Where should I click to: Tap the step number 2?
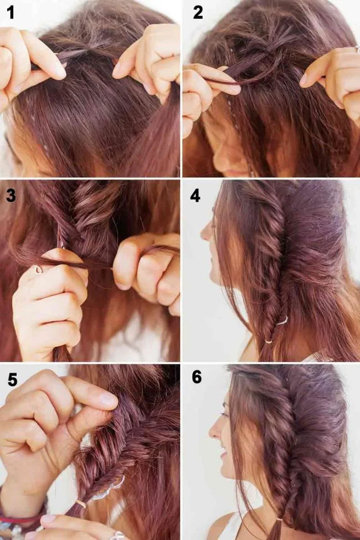click(x=198, y=12)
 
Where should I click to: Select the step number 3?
click(x=11, y=194)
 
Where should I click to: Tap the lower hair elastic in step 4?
click(x=268, y=341)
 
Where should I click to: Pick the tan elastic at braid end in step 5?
click(x=81, y=504)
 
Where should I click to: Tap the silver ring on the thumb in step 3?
click(x=38, y=269)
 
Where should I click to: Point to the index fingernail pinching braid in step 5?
click(x=108, y=400)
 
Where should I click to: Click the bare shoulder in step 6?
click(x=222, y=526)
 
